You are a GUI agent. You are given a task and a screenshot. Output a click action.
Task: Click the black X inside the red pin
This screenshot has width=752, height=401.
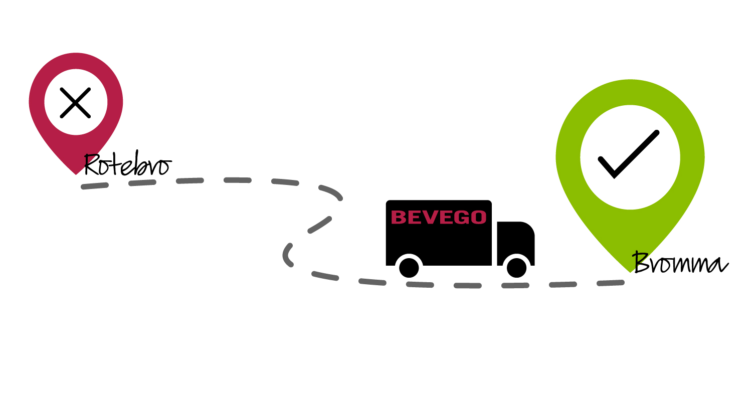coord(75,103)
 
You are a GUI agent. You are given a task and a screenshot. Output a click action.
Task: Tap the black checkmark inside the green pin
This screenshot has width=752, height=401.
coord(629,154)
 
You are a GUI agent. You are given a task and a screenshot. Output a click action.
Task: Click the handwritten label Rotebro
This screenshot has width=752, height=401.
coord(128,163)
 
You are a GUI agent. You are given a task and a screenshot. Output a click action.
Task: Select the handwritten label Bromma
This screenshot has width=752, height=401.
coord(680,263)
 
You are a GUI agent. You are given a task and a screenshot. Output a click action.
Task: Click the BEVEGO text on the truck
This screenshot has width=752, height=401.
coord(439,217)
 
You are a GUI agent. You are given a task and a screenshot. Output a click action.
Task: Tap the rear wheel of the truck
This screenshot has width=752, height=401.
coord(409,268)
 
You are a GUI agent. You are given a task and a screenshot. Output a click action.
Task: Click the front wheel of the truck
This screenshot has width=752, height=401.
coord(517,268)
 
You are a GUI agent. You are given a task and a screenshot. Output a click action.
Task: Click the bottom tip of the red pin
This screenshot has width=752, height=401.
coord(76,174)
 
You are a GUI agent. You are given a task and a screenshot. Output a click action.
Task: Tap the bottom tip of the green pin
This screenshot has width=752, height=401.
coord(630,272)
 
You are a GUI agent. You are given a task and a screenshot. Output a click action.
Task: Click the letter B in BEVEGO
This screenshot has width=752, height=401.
coord(399,217)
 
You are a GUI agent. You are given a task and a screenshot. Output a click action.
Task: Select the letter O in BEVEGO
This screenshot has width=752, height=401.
coord(478,217)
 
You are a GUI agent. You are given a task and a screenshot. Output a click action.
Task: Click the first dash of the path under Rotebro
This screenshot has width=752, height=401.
coord(95,186)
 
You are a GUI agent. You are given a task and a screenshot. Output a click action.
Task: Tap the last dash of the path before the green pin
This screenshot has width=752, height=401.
coord(611,283)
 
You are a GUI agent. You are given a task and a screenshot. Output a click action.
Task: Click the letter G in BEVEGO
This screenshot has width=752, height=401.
coord(460,217)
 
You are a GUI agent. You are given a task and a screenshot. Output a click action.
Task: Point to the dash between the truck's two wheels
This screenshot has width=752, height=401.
coord(468,286)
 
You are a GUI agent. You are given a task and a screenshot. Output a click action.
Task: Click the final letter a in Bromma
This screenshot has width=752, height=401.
coord(720,266)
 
